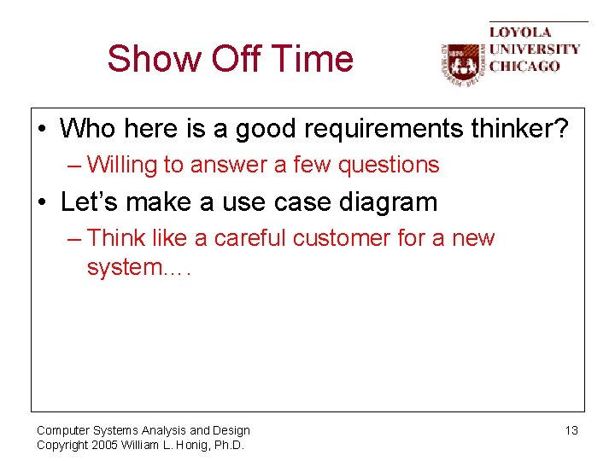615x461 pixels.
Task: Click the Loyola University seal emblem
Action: coord(462,64)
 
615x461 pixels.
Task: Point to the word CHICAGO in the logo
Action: coord(524,66)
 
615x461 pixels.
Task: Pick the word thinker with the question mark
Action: coord(517,129)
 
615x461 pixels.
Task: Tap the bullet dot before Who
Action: coord(43,130)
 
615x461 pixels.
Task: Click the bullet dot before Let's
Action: coord(43,203)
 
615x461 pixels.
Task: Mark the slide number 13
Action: coord(571,430)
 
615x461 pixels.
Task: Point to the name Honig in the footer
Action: coord(188,445)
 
